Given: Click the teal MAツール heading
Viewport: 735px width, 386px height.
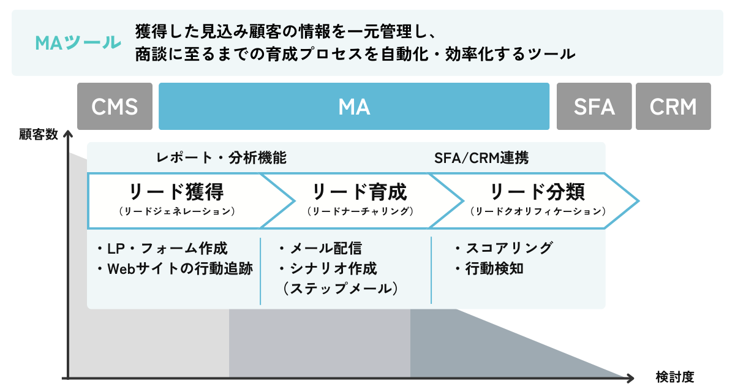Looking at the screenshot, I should coord(77,43).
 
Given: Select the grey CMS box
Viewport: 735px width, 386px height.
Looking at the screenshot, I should coord(115,107).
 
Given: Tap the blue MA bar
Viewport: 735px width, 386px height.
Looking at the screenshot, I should coord(353,107).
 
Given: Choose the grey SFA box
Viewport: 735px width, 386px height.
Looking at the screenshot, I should coord(594,107).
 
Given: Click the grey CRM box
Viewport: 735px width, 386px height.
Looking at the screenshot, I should coord(673,107).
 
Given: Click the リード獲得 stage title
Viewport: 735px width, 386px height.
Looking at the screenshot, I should coord(176,192).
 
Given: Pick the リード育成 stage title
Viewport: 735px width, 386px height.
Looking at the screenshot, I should coord(360,192).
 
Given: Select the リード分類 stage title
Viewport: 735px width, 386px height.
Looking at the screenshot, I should coord(538,192).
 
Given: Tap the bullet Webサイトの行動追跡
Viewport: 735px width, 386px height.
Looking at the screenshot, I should coord(175,268).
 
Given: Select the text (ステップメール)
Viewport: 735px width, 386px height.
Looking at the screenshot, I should coord(341,288).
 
